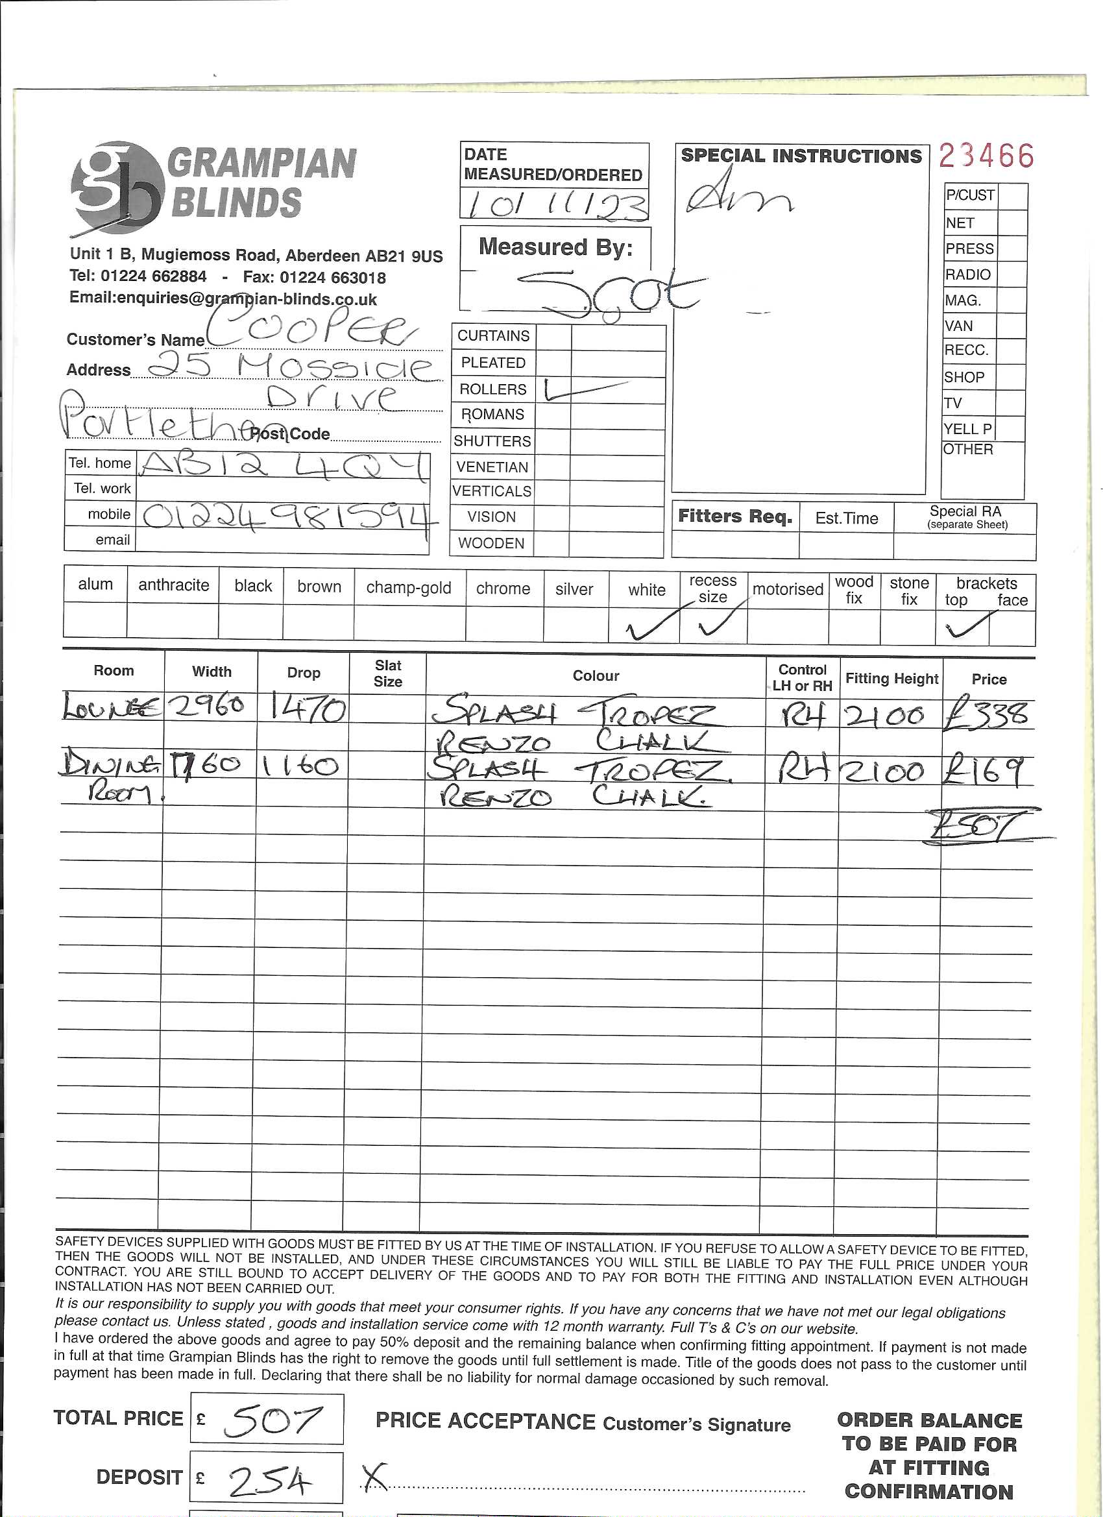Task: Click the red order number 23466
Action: pos(986,156)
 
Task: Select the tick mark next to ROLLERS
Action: pos(584,389)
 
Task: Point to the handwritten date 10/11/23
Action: pos(554,204)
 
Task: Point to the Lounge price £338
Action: pos(986,715)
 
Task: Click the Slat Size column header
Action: pos(388,674)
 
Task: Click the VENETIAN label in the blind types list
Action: pos(492,467)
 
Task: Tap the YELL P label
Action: pos(967,429)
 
